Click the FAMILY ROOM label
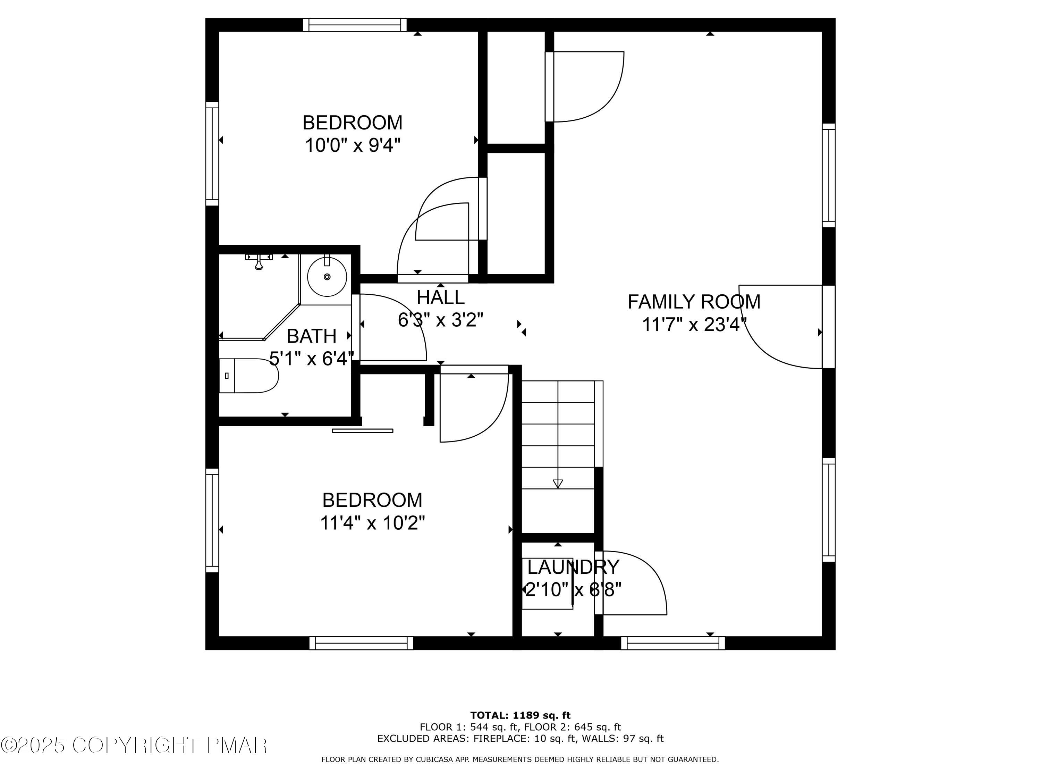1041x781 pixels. tap(694, 302)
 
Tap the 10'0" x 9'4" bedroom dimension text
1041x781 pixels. tap(353, 145)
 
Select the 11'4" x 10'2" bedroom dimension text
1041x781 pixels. tap(372, 522)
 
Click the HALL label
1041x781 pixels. tap(440, 297)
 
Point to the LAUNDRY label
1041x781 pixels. tap(573, 567)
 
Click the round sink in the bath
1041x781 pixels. tap(327, 277)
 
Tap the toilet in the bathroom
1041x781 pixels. tap(249, 376)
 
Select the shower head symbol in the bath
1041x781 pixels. tap(259, 262)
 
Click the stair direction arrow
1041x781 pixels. tap(558, 483)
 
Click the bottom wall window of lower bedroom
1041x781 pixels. tap(362, 643)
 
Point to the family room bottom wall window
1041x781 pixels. tap(673, 643)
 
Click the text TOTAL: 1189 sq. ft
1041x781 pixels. tap(520, 715)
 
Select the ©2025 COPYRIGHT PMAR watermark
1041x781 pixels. tap(134, 745)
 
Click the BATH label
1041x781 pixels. tap(312, 336)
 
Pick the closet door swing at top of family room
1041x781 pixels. tap(588, 87)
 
